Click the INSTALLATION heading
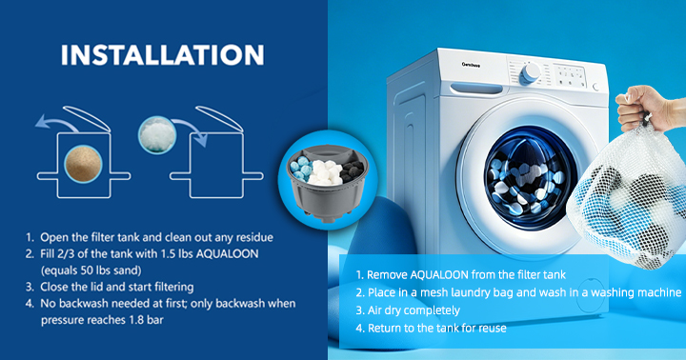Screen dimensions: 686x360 162,54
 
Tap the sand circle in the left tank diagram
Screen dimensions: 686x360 83,164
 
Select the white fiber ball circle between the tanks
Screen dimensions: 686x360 157,134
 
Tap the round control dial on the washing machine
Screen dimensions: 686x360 530,73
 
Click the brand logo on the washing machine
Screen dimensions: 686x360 471,65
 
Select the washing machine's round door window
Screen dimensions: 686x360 530,176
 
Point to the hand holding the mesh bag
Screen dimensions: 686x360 648,108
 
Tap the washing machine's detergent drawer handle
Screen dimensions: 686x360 476,89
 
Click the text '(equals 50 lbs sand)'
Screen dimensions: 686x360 91,270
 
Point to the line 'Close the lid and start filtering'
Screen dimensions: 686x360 117,288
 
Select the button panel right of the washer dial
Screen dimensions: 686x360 570,76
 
